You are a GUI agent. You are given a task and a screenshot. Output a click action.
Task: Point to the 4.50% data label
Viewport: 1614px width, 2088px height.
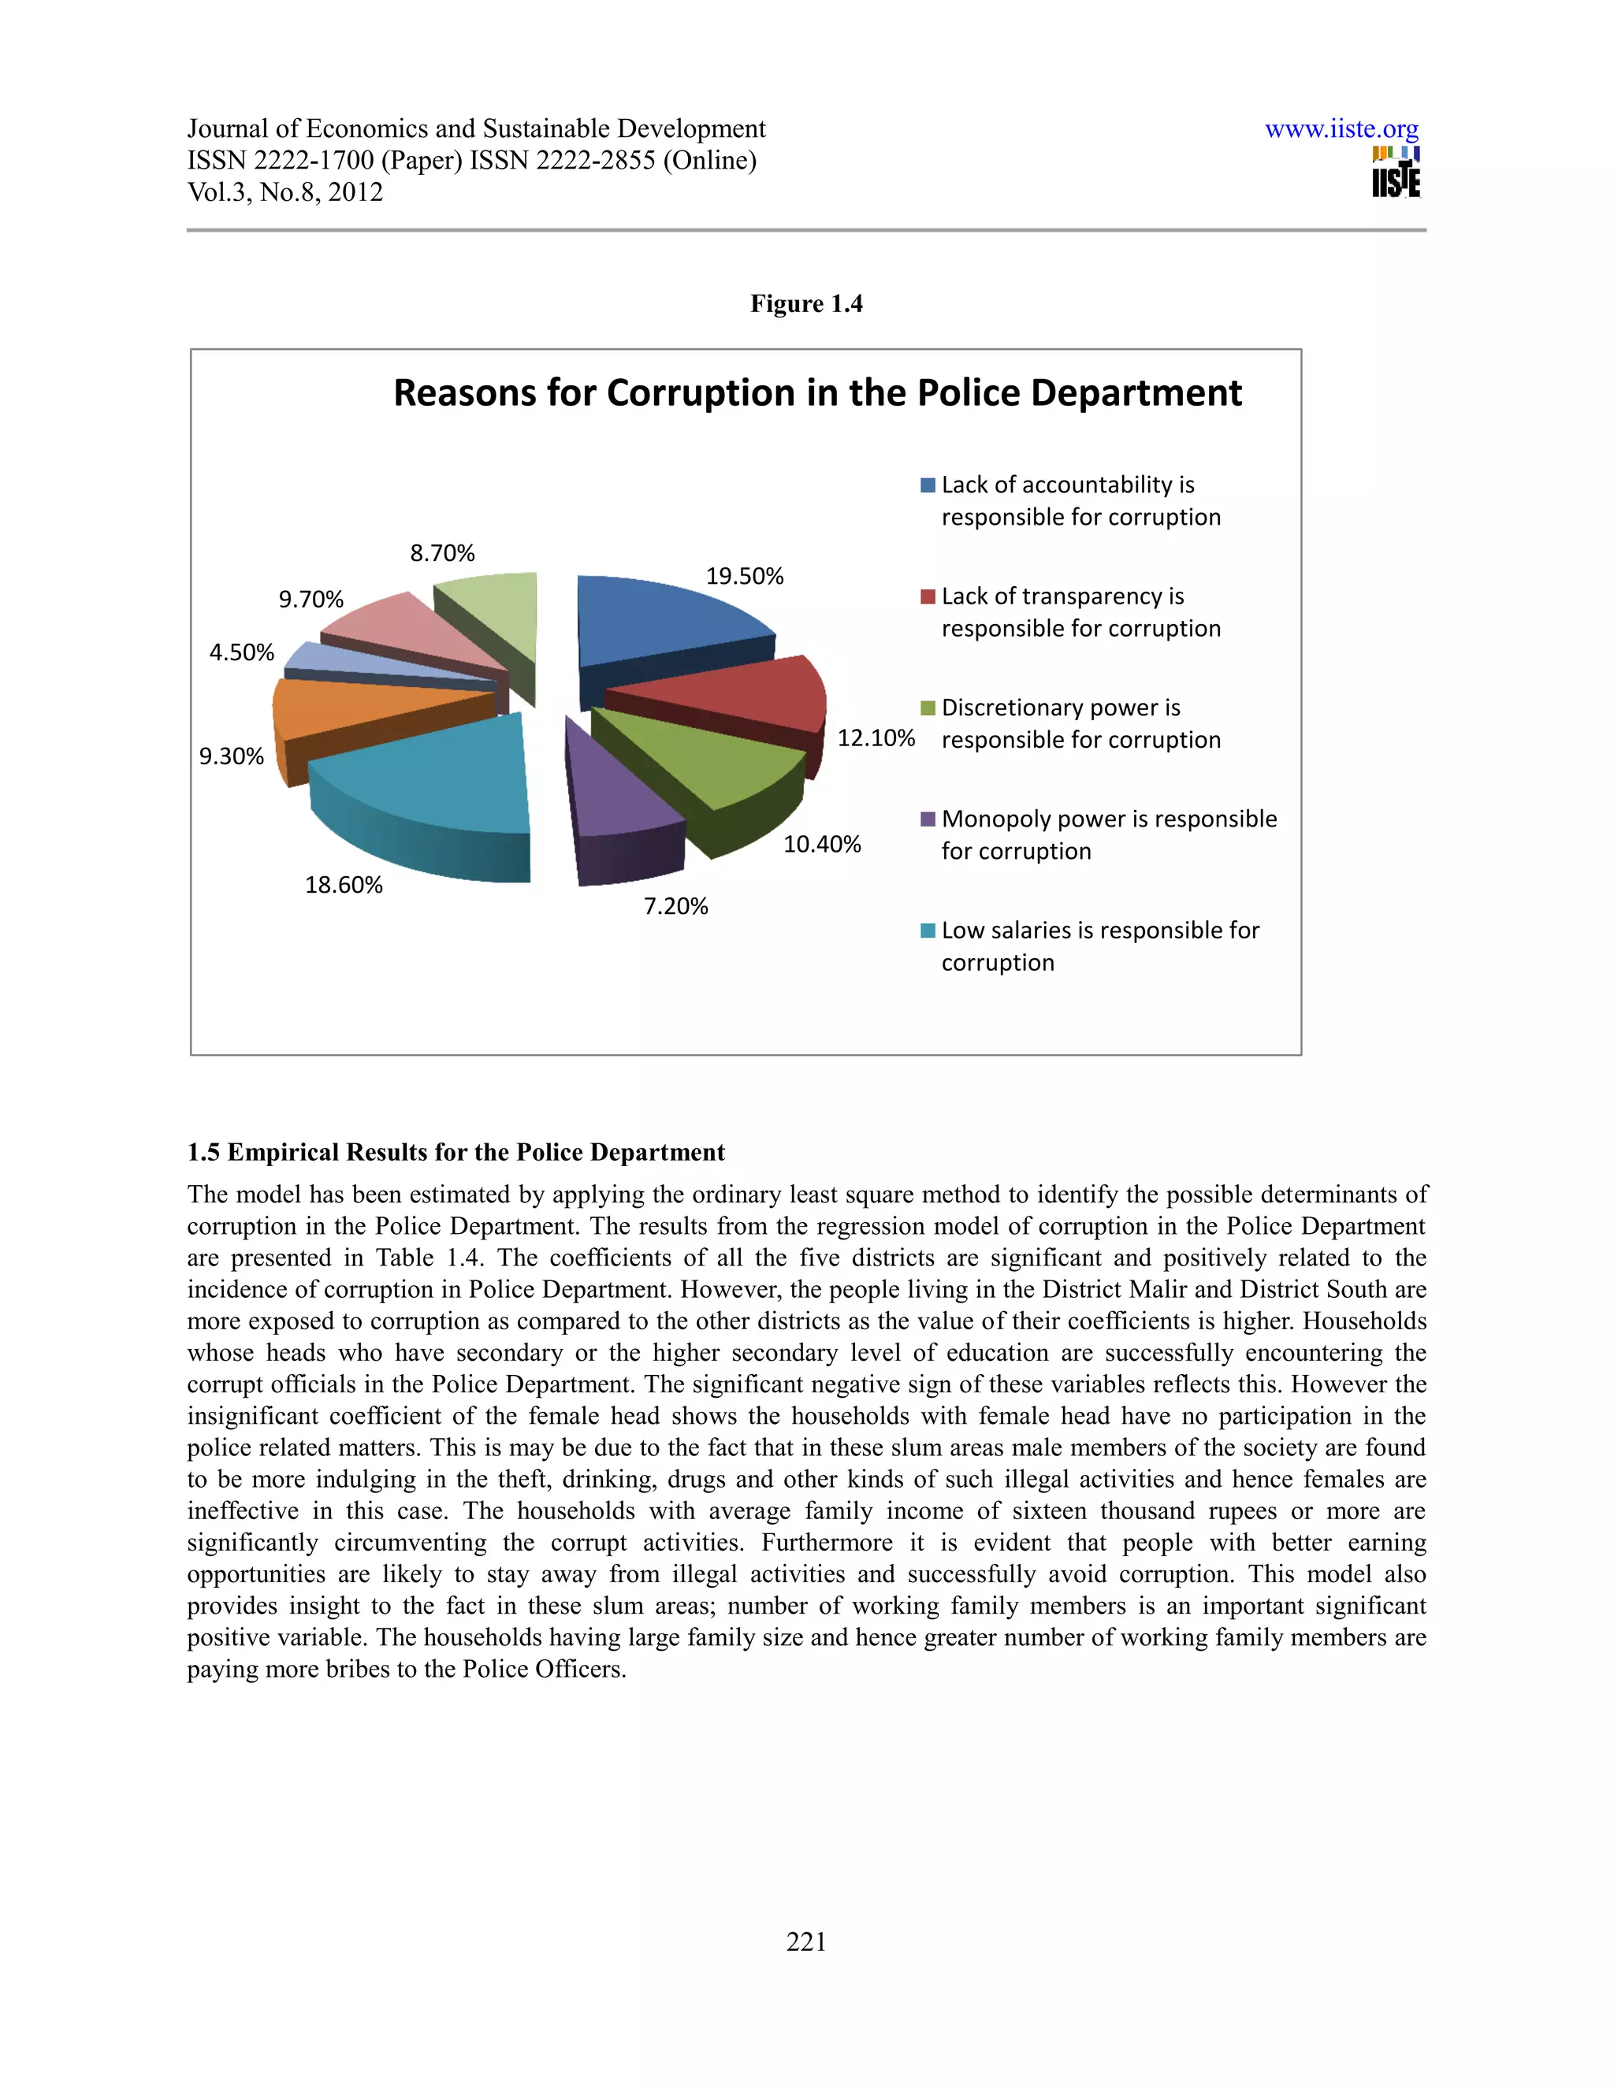pos(242,652)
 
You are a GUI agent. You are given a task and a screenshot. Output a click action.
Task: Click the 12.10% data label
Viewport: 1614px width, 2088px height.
pos(876,737)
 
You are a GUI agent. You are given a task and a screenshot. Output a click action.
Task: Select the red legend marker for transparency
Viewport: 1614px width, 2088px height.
pos(927,596)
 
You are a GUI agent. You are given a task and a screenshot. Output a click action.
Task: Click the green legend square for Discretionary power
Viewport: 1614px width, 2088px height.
pos(927,708)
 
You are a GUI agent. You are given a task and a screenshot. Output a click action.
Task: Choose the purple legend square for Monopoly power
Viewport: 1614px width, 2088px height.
pos(927,819)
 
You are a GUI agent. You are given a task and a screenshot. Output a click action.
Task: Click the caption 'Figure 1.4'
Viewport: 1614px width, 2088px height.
pos(806,303)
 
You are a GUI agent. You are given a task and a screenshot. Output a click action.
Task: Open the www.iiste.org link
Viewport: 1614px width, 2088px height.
pos(1341,129)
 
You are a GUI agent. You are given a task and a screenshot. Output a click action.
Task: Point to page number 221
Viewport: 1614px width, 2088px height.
pos(806,1941)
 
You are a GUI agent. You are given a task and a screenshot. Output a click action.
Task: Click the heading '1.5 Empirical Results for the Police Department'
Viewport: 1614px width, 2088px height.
pos(456,1152)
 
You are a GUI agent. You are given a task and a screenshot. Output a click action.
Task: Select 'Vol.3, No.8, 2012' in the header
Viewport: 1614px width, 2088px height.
pos(285,192)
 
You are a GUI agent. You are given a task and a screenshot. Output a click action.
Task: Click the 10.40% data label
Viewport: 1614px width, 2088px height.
pos(822,843)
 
